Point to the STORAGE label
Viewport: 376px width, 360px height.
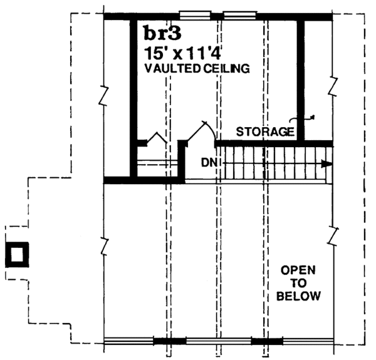tap(264, 131)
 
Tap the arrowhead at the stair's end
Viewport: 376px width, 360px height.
tap(325, 164)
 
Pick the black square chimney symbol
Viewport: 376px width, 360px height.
tap(17, 254)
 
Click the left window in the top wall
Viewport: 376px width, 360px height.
tap(195, 14)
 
